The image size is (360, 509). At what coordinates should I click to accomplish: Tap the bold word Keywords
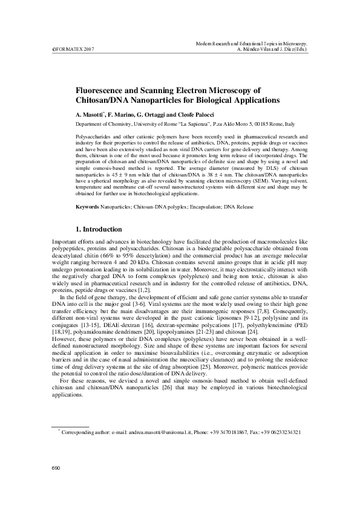[87, 207]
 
